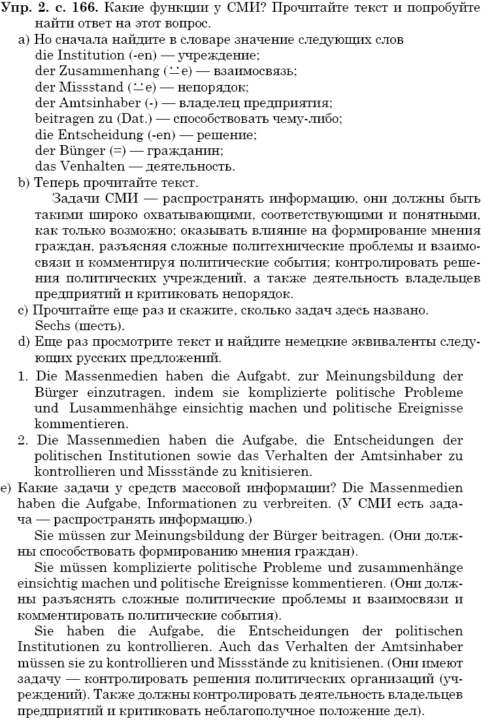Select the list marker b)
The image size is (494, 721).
[24, 182]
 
